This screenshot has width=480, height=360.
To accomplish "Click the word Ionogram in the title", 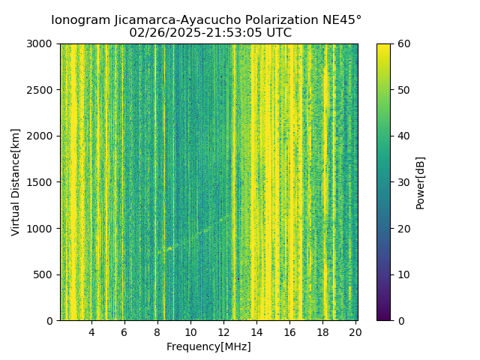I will (x=80, y=20).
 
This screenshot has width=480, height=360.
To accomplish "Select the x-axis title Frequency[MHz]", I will (x=208, y=346).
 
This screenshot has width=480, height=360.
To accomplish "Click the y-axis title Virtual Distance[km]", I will (x=16, y=182).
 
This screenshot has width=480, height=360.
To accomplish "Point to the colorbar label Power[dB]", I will (x=421, y=182).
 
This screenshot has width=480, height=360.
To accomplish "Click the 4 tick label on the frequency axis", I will (x=91, y=331).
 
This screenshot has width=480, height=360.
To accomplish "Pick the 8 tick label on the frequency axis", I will (x=157, y=331).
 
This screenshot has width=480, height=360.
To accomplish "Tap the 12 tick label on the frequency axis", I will (x=223, y=331).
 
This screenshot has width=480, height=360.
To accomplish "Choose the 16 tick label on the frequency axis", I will (x=289, y=331).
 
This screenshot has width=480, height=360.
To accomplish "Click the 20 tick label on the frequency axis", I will (x=355, y=331).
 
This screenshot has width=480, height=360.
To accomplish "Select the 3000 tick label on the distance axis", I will (x=40, y=44).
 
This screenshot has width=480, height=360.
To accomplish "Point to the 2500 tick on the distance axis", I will (x=40, y=90).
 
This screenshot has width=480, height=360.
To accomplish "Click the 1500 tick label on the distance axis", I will (x=40, y=182).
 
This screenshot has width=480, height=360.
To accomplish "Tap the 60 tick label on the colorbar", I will (x=403, y=44).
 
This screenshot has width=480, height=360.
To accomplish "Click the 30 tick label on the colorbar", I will (x=403, y=182).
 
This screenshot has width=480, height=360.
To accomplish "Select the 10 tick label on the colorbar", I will (x=403, y=274).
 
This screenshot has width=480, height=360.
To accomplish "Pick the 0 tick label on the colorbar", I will (x=400, y=321).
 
